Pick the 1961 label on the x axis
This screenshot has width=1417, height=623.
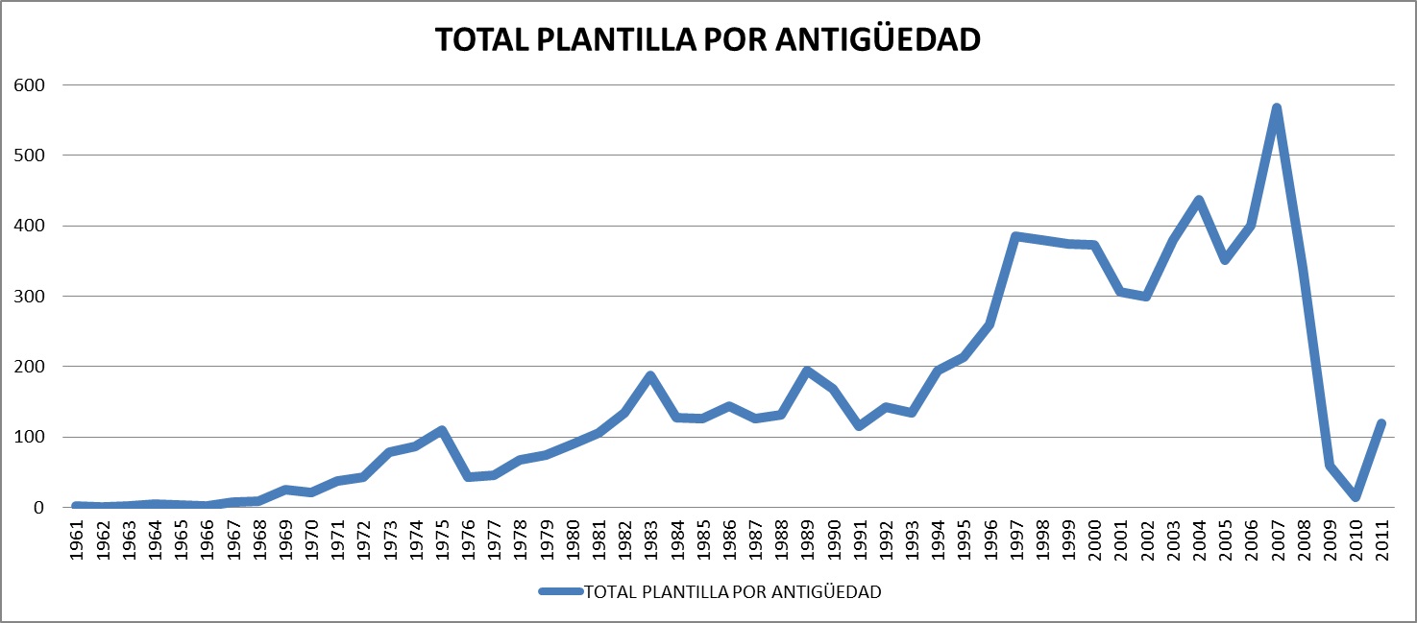pyautogui.click(x=78, y=542)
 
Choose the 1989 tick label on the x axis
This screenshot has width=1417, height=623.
pyautogui.click(x=807, y=542)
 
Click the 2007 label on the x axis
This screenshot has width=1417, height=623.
pyautogui.click(x=1277, y=542)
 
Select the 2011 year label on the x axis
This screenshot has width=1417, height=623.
pyautogui.click(x=1381, y=542)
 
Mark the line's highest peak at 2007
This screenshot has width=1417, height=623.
pyautogui.click(x=1277, y=108)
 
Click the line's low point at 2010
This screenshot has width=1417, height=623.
pyautogui.click(x=1356, y=496)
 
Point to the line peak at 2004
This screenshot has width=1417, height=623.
pyautogui.click(x=1199, y=200)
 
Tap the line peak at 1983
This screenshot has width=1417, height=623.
pyautogui.click(x=650, y=375)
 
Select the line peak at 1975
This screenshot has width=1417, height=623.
pyautogui.click(x=442, y=430)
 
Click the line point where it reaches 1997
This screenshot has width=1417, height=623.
pyautogui.click(x=1015, y=236)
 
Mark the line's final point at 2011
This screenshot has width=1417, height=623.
pyautogui.click(x=1381, y=423)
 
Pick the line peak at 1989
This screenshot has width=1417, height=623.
pyautogui.click(x=807, y=371)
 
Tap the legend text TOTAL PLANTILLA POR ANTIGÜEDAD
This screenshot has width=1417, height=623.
pyautogui.click(x=732, y=591)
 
